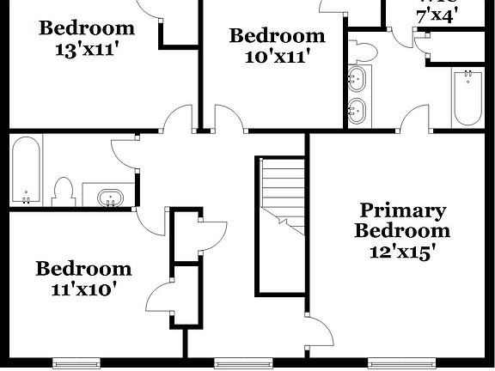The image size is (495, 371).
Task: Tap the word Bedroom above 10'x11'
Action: point(277,36)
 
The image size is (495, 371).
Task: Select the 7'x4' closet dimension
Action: point(437,15)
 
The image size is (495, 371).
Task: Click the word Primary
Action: point(402,210)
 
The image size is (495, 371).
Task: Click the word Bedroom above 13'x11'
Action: point(87,27)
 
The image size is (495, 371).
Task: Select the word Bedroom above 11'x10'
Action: point(83,269)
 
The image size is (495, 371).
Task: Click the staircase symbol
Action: point(283,194)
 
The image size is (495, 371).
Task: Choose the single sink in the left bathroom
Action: point(109,198)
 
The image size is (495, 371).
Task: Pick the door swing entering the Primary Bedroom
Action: point(320,332)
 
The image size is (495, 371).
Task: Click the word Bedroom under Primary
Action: point(402,231)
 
